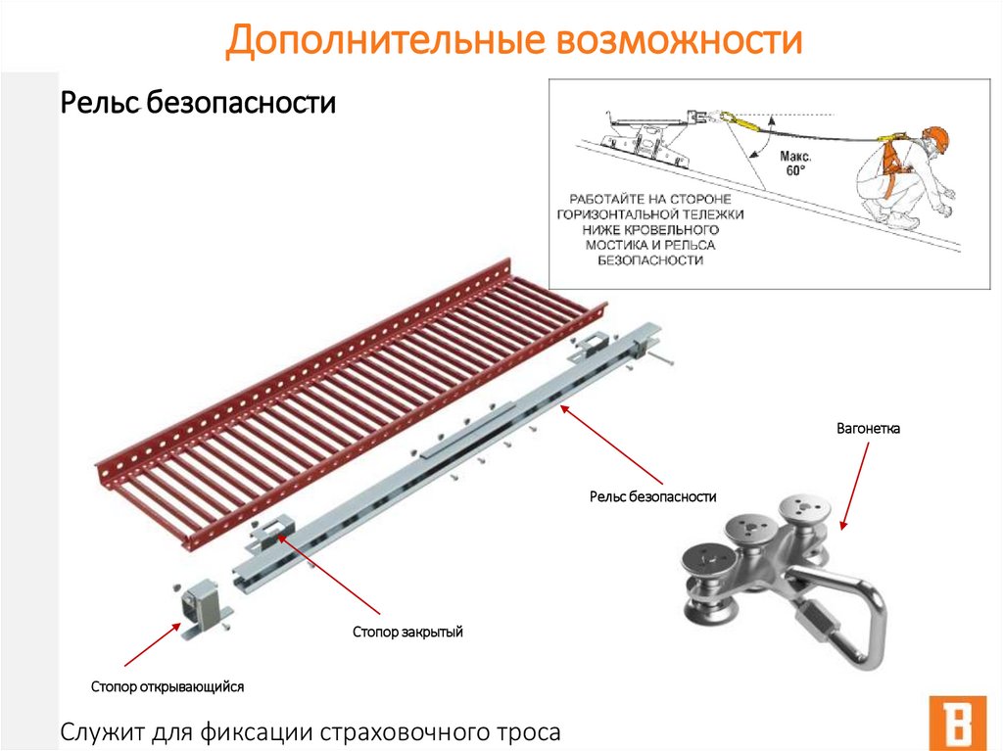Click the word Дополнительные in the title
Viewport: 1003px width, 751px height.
pyautogui.click(x=381, y=42)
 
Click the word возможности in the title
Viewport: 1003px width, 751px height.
pyautogui.click(x=677, y=42)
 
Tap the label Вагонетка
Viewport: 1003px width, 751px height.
pyautogui.click(x=868, y=429)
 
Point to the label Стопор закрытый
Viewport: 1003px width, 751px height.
pyautogui.click(x=407, y=633)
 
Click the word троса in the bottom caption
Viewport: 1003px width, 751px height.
pyautogui.click(x=527, y=731)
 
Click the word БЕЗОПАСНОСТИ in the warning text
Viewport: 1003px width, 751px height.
pyautogui.click(x=650, y=260)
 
